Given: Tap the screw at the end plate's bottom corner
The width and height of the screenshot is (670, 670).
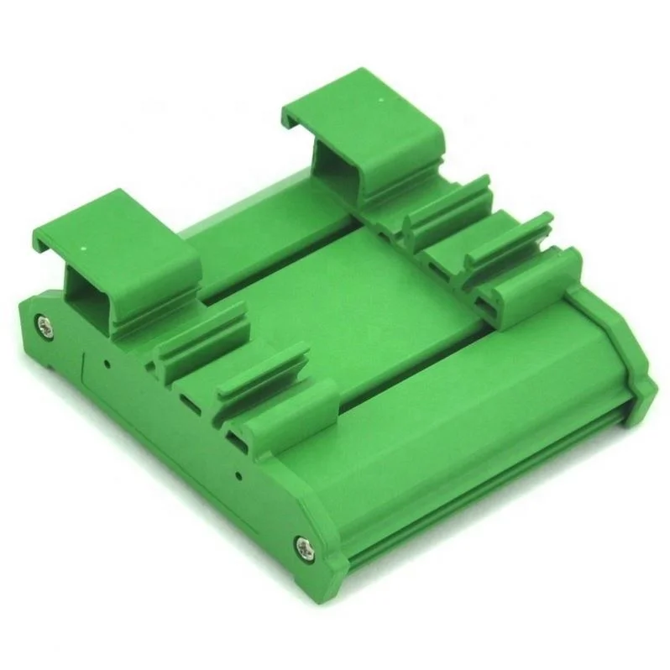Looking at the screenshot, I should [301, 546].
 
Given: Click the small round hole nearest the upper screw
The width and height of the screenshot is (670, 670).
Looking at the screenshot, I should [107, 364].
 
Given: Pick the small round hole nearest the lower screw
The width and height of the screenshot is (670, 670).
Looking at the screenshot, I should [239, 475].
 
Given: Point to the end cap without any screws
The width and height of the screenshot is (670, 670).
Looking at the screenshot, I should [617, 353].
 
